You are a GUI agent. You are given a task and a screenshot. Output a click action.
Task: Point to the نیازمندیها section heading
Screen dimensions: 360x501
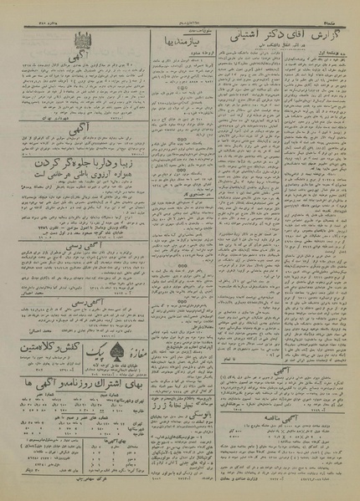pos(181,39)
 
